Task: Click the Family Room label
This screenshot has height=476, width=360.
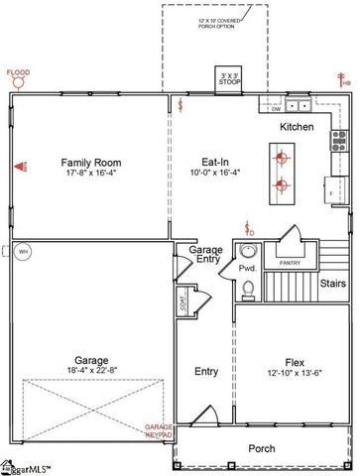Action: pos(90,162)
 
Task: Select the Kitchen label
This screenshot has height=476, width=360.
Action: pos(297,127)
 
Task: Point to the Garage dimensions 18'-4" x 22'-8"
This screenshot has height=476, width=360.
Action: pos(90,372)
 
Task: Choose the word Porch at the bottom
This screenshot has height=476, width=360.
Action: pos(262,448)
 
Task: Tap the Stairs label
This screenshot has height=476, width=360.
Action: pos(332,284)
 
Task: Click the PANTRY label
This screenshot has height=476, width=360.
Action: pos(291,263)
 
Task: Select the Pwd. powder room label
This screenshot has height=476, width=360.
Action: pos(248,268)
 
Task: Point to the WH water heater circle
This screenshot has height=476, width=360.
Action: pos(23,252)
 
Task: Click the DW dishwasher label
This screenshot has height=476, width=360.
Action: pos(277,109)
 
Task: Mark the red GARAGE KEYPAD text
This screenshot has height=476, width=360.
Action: pos(159,430)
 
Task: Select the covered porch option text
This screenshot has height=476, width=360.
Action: pos(215,21)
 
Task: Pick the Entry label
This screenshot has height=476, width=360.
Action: pos(206,372)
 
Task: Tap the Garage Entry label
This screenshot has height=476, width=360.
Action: pos(206,256)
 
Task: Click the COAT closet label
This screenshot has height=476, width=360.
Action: pos(183,303)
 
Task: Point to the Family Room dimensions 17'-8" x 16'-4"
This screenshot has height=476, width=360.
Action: pos(90,173)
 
